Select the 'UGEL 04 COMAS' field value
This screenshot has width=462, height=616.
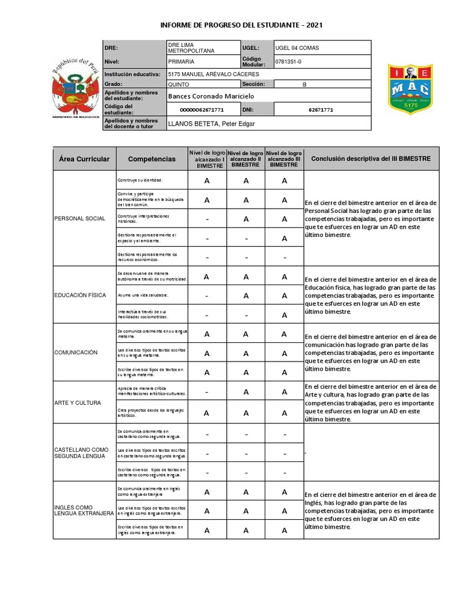(297, 48)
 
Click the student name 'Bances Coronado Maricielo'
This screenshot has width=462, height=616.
(211, 96)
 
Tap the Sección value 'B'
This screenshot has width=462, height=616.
(304, 84)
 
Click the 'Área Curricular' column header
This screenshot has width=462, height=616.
(84, 159)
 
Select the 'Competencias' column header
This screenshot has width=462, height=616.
(152, 159)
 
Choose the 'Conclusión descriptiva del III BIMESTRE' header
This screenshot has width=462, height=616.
(371, 159)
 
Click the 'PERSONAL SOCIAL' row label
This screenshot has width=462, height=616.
(79, 218)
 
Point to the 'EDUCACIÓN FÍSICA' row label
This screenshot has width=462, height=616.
(80, 295)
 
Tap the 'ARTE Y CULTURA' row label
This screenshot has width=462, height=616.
(78, 402)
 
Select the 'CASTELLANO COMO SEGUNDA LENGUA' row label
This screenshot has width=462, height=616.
(81, 452)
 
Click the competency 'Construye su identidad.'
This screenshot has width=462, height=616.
(140, 180)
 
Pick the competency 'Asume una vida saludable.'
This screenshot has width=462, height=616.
(143, 295)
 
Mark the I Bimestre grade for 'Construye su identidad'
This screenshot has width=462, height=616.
(207, 180)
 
